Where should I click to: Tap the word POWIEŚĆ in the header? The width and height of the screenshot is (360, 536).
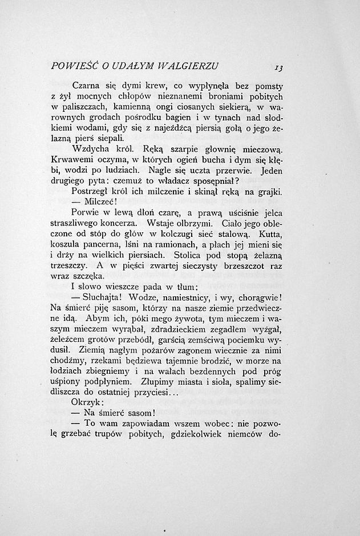click(x=71, y=64)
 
